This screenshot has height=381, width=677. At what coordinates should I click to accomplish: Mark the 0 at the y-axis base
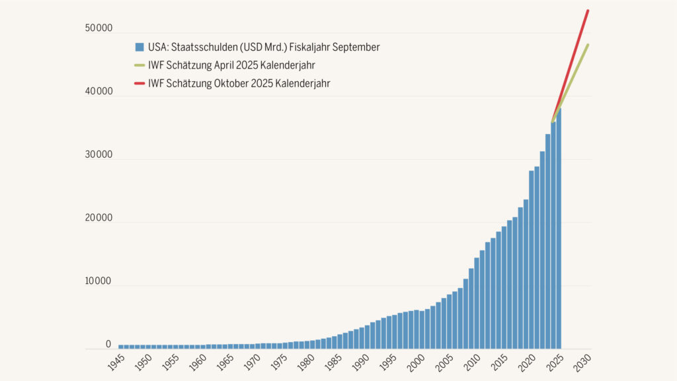(108, 345)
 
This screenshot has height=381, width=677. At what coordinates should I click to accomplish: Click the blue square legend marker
(139, 47)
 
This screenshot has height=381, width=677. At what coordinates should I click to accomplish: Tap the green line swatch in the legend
(139, 65)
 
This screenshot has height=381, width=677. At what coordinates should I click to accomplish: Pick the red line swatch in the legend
(139, 84)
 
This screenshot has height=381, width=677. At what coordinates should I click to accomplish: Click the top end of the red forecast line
(588, 11)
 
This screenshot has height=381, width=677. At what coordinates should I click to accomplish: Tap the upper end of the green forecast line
(588, 45)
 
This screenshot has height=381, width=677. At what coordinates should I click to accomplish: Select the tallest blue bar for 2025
(559, 231)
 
